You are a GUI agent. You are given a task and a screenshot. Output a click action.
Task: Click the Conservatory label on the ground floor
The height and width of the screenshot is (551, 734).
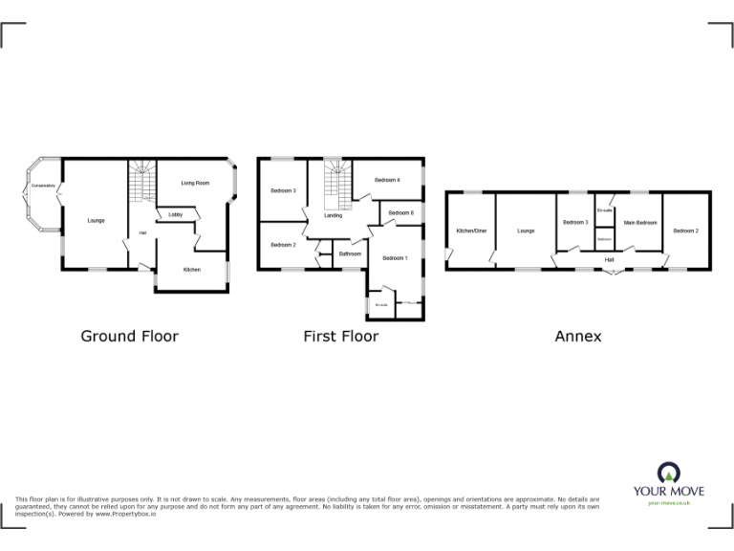coord(43,185)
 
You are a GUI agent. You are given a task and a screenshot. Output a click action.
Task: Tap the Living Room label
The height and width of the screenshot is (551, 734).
coord(195,183)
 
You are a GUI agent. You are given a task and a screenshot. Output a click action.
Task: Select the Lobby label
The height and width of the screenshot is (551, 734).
coord(176,214)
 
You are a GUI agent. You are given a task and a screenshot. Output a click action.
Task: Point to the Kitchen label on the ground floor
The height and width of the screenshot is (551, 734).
coord(192,270)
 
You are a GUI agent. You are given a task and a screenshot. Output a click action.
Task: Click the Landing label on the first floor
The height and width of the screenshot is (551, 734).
coord(334,215)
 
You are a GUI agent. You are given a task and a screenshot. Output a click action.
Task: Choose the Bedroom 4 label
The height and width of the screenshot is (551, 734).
coord(386,180)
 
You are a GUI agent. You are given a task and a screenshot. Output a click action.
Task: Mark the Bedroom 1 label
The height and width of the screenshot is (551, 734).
coord(395,258)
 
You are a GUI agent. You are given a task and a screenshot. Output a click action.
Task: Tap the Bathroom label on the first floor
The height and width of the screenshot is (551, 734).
coord(351,253)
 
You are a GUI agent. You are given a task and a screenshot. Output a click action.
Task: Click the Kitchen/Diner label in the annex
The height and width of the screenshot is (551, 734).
coord(471,231)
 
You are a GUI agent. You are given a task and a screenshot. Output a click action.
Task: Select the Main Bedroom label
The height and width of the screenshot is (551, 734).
coord(640,223)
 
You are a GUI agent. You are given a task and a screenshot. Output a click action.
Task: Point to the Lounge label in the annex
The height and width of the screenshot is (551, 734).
coord(526,231)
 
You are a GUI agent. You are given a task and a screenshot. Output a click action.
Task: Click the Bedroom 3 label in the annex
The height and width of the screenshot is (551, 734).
coord(574,223)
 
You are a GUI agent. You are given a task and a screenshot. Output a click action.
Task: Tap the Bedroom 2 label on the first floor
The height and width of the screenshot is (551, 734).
coord(282,245)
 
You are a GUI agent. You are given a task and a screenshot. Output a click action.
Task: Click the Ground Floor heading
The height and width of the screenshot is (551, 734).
coord(129,336)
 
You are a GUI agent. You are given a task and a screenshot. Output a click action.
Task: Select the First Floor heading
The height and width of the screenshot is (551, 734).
coord(341,336)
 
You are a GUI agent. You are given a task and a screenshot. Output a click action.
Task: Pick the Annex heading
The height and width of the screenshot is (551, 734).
coord(578,336)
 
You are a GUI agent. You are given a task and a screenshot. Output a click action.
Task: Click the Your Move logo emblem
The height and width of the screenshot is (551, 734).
coord(668,471)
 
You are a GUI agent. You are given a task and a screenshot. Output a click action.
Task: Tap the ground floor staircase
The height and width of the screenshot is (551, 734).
coord(141,180)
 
